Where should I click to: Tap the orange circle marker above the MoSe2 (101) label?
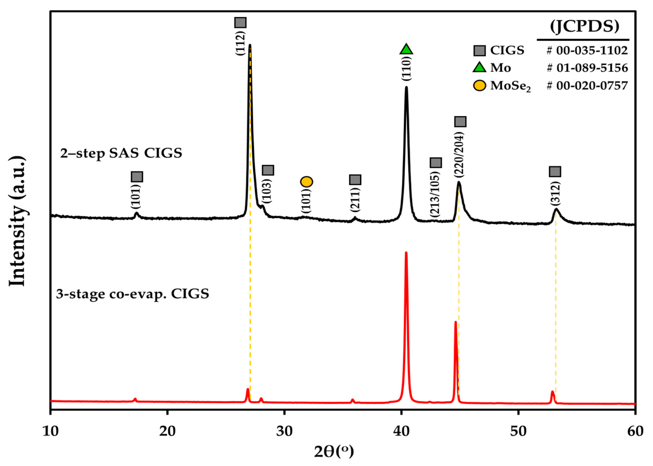click(x=306, y=182)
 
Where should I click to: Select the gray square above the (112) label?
click(x=240, y=22)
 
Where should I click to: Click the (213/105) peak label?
click(x=435, y=194)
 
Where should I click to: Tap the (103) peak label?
click(x=267, y=191)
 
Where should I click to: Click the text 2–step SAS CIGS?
click(x=121, y=153)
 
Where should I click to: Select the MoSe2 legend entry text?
click(x=510, y=86)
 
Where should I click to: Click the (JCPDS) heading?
click(x=585, y=27)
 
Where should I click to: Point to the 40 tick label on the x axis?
click(x=401, y=432)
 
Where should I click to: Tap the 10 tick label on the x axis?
click(x=50, y=432)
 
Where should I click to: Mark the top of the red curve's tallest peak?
click(x=406, y=253)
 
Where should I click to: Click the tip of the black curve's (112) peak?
click(x=250, y=45)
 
